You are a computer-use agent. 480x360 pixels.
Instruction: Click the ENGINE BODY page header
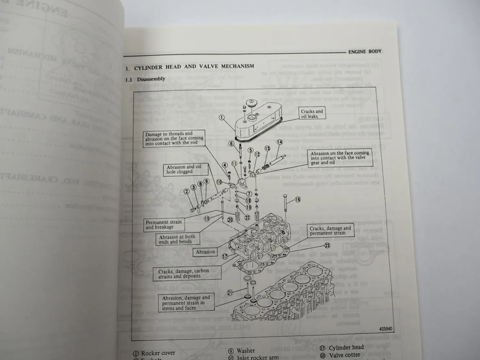pyautogui.click(x=364, y=51)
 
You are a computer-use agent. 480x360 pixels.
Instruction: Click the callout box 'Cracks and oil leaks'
pyautogui.click(x=312, y=114)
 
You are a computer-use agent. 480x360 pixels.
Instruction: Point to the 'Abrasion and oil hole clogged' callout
pyautogui.click(x=184, y=169)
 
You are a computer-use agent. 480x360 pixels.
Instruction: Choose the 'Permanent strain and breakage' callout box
pyautogui.click(x=164, y=225)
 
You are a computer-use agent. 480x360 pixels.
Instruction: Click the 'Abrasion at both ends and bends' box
pyautogui.click(x=177, y=239)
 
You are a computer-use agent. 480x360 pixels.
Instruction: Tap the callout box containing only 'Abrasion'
pyautogui.click(x=205, y=252)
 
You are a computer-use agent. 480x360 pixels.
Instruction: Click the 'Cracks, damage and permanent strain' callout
pyautogui.click(x=330, y=230)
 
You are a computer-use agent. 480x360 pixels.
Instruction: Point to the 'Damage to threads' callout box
pyautogui.click(x=174, y=139)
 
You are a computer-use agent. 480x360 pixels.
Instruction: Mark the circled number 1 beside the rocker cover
pyautogui.click(x=221, y=117)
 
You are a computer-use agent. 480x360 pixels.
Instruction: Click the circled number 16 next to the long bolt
pyautogui.click(x=298, y=200)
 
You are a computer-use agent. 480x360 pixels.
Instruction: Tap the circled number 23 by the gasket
pyautogui.click(x=327, y=246)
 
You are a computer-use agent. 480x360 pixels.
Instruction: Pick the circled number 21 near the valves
pyautogui.click(x=229, y=292)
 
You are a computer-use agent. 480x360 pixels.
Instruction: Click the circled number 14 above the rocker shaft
pyautogui.click(x=279, y=142)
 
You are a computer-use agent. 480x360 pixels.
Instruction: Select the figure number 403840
pyautogui.click(x=385, y=329)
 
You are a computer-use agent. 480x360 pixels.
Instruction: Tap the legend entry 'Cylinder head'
pyautogui.click(x=346, y=348)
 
